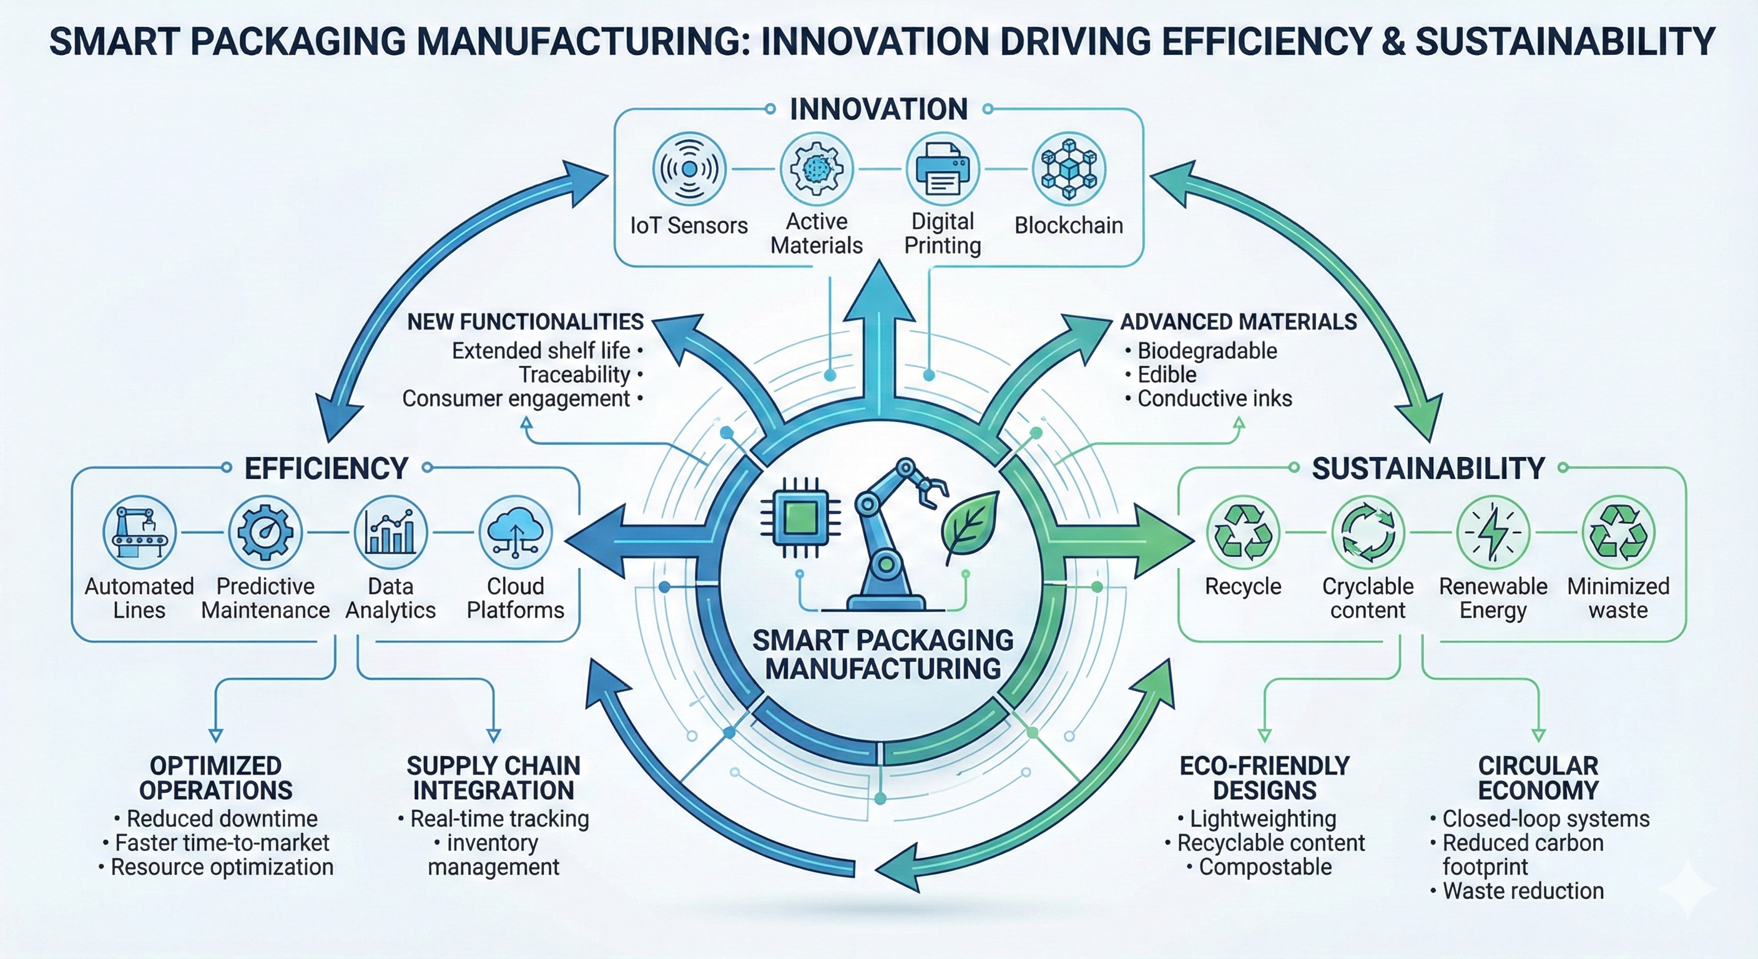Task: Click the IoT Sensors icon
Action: coord(689,169)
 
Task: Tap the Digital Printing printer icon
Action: coord(943,169)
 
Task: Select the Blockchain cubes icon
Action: coord(1069,169)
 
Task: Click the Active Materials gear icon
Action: coord(816,169)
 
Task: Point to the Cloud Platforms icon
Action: coord(515,533)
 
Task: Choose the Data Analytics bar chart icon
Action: coord(390,533)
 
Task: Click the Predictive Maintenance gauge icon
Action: coord(265,533)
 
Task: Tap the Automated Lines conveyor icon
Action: coord(139,533)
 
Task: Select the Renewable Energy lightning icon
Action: coord(1493,533)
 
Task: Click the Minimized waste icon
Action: coord(1618,533)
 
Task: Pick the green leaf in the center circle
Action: coord(970,526)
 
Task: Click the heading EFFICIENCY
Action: coord(327,468)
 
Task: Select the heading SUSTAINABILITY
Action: coord(1428,468)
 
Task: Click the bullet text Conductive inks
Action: coord(1214,398)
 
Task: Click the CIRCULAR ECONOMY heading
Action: coord(1538,778)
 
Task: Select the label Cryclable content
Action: coord(1368,598)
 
